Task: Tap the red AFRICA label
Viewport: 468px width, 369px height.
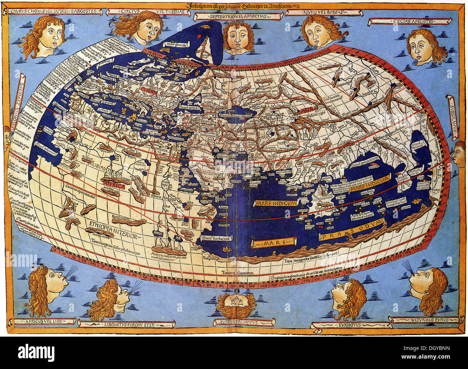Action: tap(112, 186)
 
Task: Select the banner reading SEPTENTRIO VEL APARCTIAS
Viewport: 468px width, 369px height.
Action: tap(238, 16)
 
